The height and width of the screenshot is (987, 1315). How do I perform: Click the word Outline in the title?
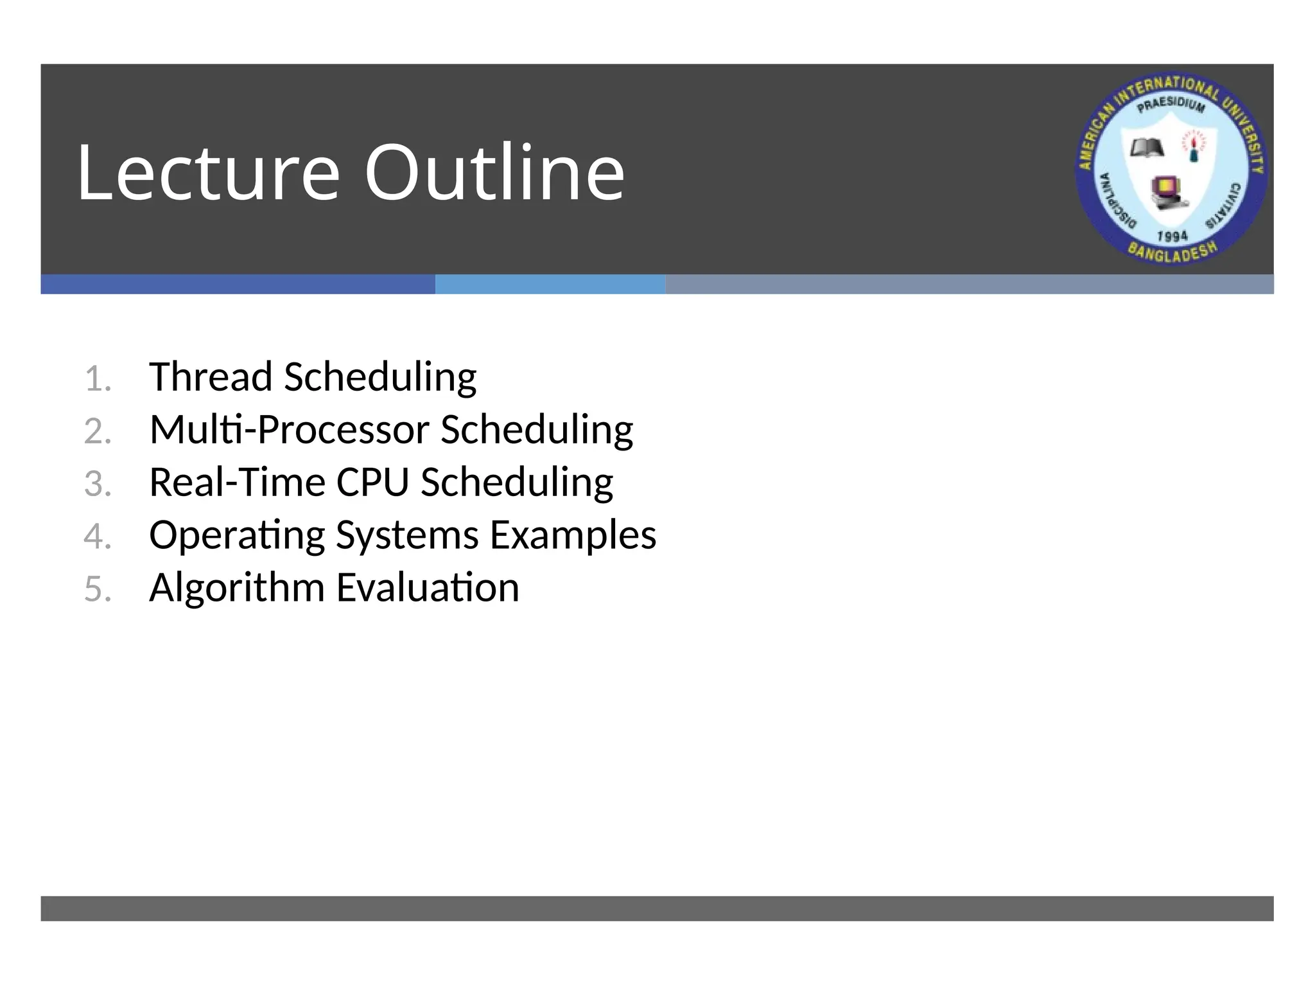click(494, 172)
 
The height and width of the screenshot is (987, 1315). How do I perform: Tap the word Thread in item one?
click(211, 377)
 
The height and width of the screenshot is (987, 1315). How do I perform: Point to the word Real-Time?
click(237, 482)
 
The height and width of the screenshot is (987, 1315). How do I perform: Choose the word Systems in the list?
click(407, 535)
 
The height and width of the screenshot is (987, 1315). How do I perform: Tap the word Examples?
click(573, 535)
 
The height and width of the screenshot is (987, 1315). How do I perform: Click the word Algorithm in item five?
click(237, 587)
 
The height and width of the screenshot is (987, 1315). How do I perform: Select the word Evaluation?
click(428, 587)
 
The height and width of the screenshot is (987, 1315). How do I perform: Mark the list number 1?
click(98, 379)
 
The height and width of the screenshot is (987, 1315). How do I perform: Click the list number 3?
click(98, 484)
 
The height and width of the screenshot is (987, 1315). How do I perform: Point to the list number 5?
click(98, 589)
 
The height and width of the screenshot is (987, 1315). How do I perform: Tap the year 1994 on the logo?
click(1172, 236)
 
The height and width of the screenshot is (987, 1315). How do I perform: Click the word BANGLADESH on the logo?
click(1172, 253)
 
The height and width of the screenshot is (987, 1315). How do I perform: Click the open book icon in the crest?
click(1147, 148)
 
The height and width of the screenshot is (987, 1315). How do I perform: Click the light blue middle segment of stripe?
click(550, 284)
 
